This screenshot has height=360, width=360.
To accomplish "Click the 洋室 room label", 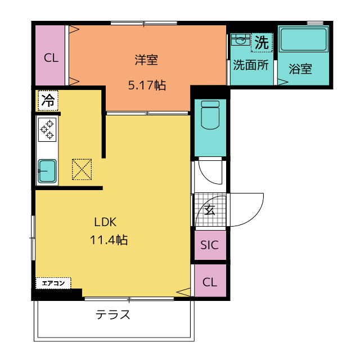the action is tap(146, 60).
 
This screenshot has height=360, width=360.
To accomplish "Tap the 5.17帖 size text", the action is tap(147, 85).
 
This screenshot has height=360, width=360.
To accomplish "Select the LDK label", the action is tap(105, 222).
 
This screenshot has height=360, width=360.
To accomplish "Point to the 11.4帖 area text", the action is tap(109, 240).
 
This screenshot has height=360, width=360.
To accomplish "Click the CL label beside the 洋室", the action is tap(51, 58).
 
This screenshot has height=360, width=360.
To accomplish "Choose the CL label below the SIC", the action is tap(210, 282).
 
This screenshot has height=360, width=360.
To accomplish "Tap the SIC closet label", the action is tap(209, 245).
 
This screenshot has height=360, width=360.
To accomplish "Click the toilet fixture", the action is tap(210, 115).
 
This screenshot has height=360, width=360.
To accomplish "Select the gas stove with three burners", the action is tap(47, 130).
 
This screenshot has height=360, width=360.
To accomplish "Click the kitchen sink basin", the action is tap(47, 171).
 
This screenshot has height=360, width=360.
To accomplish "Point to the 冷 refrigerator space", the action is tap(48, 101).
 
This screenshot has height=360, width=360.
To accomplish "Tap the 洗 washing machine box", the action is tap(262, 43).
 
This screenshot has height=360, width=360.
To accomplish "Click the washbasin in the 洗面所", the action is tap(240, 39).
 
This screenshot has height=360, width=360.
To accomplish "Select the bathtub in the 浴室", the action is tap(303, 39).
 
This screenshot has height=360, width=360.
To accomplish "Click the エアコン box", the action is tap(53, 283).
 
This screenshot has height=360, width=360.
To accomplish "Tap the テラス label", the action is tap(112, 314).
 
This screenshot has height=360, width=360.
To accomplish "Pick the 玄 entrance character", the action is tap(210, 210).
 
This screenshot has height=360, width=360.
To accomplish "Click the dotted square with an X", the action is tap(82, 169).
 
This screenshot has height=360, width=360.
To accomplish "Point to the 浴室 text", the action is tap(300, 69).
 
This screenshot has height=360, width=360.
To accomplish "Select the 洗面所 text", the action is tap(251, 65).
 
